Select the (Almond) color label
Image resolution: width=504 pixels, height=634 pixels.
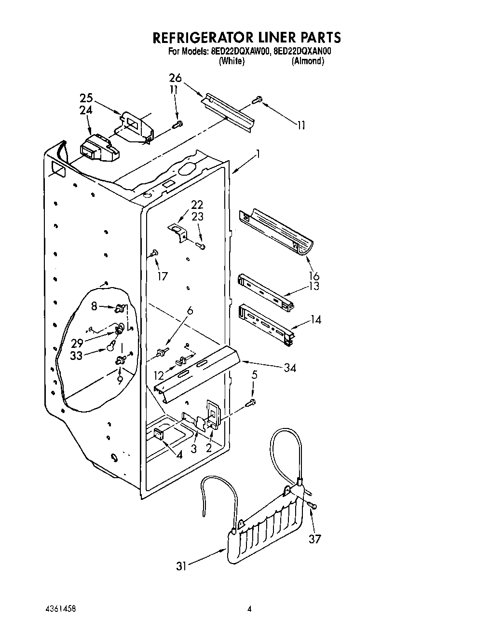(x=308, y=61)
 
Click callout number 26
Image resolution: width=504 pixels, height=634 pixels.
(x=176, y=78)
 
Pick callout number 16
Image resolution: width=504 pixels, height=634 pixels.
(x=314, y=276)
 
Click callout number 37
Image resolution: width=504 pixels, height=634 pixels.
(x=314, y=539)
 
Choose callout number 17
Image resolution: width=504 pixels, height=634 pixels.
(x=162, y=276)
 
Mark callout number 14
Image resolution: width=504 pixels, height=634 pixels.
(x=315, y=319)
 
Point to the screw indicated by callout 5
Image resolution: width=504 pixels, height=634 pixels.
(x=251, y=402)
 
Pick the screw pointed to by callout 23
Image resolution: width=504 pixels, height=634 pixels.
(x=201, y=247)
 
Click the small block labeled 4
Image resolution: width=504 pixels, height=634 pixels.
(x=158, y=435)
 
